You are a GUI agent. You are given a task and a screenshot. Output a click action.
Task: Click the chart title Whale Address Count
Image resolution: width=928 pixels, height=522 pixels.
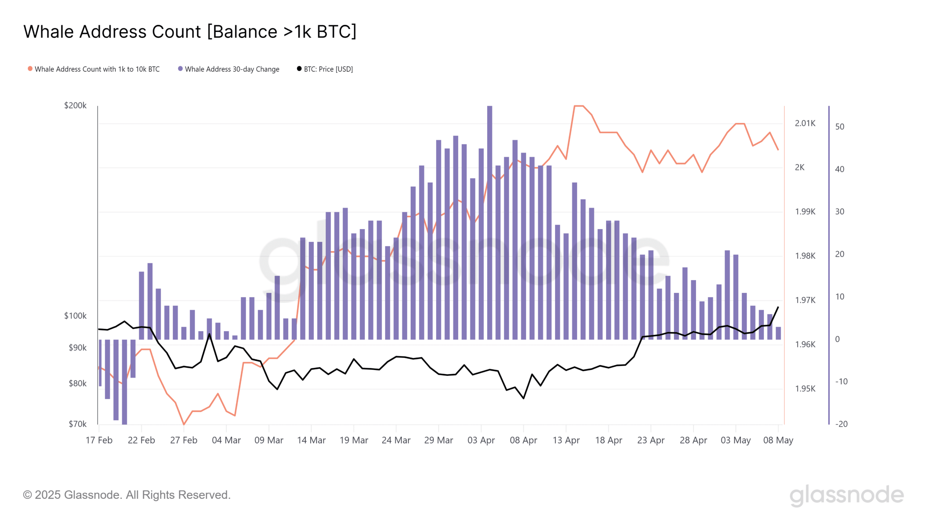point(190,32)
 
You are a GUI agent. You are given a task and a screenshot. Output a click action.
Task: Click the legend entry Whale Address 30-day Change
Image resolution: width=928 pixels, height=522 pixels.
point(232,69)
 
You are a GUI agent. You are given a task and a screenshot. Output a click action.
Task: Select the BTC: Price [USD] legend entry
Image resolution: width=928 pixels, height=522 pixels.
point(328,69)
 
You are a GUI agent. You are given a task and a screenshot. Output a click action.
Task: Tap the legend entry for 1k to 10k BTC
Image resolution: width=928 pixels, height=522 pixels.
point(97,69)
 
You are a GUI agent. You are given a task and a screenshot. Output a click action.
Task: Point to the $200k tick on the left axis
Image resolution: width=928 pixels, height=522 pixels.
point(75,105)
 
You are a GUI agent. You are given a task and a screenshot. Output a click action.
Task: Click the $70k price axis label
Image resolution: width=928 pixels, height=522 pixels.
point(78,424)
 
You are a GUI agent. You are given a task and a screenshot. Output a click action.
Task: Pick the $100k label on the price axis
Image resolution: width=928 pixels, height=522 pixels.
point(75,316)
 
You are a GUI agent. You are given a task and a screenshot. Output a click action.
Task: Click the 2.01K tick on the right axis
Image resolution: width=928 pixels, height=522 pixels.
point(805,123)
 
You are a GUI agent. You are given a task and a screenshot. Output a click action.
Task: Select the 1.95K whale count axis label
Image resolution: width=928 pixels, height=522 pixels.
point(805,389)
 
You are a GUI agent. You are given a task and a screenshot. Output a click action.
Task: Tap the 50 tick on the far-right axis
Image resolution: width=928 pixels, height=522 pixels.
point(840,127)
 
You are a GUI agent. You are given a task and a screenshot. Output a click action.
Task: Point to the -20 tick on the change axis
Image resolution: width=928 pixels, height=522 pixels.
point(841,424)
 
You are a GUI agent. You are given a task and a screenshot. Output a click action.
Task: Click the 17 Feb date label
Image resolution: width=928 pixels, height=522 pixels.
point(99,440)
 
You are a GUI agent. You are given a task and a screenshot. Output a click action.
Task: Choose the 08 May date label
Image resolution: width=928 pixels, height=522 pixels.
point(778,440)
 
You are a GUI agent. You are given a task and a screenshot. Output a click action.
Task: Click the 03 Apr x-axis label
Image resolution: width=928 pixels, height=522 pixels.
point(481,440)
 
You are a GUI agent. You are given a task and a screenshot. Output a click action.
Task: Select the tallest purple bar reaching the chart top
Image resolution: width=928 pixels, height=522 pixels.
point(489,217)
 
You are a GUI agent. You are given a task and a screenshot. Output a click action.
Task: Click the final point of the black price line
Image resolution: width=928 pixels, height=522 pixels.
point(778,307)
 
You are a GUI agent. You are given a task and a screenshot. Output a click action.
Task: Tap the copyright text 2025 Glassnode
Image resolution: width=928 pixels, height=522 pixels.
point(127,495)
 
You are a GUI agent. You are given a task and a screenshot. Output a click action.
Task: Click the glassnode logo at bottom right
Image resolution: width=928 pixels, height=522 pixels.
point(846,495)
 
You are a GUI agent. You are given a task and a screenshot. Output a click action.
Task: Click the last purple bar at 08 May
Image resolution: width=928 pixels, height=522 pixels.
point(778,333)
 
